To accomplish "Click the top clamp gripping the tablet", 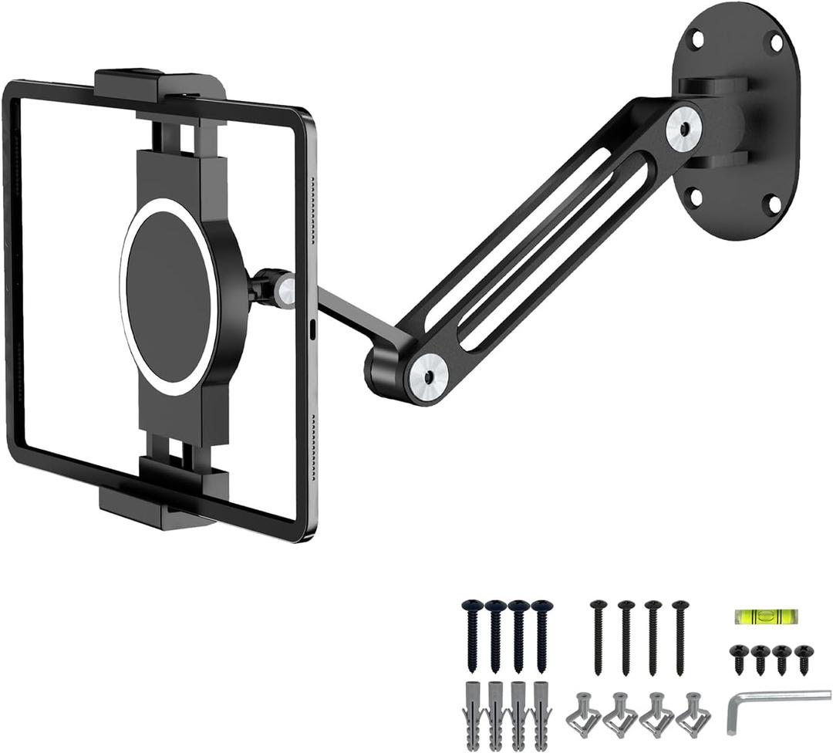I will click(160, 84).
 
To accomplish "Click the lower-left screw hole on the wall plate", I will click(695, 198).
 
